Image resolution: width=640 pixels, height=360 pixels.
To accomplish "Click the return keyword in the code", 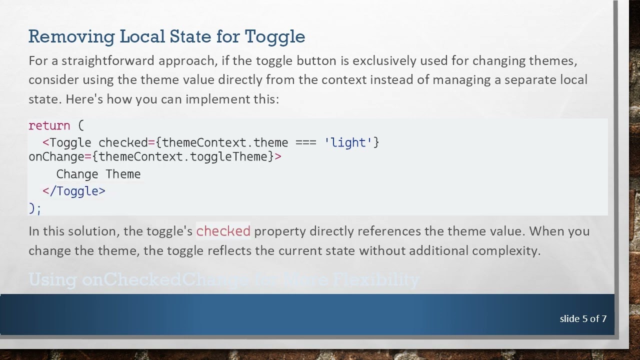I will coord(49,125).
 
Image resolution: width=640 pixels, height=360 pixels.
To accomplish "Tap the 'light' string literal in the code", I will coord(348,142).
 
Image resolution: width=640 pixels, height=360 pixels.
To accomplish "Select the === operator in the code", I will coord(306,142).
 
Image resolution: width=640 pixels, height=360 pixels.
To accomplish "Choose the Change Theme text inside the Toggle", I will coord(98,174).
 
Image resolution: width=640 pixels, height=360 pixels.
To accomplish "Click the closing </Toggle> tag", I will coord(74,191).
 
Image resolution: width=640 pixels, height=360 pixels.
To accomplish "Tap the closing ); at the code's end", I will coord(35,208).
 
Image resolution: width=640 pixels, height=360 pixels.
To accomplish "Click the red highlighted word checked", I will coord(223,231).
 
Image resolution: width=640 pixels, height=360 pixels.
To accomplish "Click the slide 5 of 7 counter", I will coord(583,318).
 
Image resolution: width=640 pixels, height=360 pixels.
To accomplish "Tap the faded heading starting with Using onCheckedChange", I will coord(224,279).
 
